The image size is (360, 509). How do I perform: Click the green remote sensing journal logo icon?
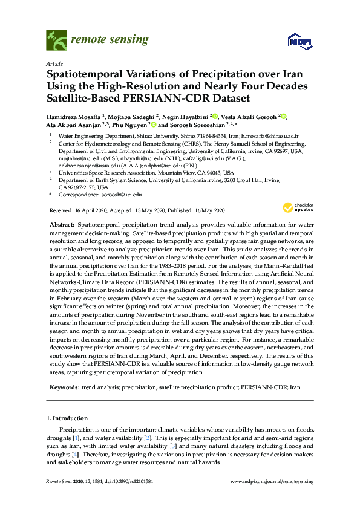(x=56, y=41)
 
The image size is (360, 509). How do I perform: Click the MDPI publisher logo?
(x=299, y=41)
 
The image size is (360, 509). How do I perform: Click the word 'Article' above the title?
(x=54, y=63)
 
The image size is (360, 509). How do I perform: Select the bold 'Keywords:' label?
(x=64, y=385)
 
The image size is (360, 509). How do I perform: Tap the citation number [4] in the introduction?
(x=75, y=453)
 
